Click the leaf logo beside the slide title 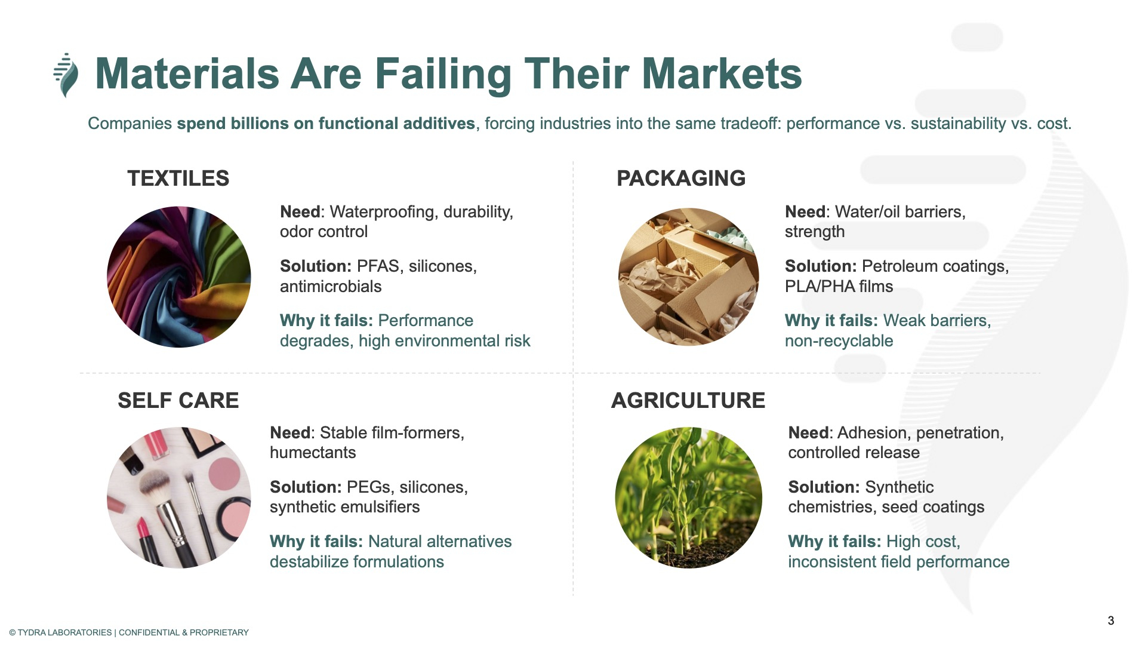(66, 75)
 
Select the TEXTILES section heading (178, 178)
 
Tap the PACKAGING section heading (681, 178)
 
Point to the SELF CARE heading (178, 400)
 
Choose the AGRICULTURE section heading (688, 400)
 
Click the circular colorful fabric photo (178, 277)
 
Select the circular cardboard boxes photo (688, 277)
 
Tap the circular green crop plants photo (688, 497)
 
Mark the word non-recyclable (839, 341)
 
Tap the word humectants (313, 453)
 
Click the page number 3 (1111, 621)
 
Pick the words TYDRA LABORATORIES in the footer (64, 632)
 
